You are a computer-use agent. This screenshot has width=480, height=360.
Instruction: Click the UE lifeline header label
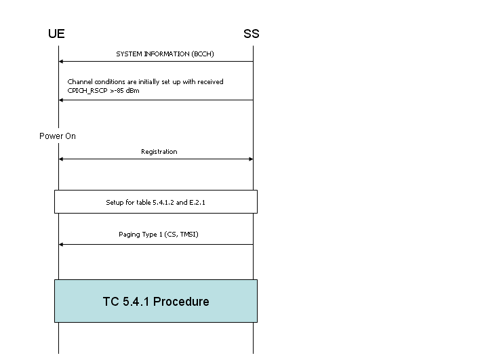(56, 34)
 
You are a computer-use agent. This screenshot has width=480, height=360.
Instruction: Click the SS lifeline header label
(252, 34)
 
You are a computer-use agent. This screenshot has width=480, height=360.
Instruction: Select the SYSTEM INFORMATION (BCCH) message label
(165, 54)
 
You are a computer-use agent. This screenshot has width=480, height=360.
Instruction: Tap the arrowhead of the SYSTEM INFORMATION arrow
(60, 62)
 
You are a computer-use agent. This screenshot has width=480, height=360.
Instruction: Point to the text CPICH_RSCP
(87, 91)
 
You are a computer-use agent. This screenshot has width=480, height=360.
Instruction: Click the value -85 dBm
(126, 91)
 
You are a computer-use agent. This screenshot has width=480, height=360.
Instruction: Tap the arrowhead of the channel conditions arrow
(60, 100)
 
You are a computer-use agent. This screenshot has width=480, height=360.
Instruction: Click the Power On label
(58, 136)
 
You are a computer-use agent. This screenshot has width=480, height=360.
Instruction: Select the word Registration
(159, 152)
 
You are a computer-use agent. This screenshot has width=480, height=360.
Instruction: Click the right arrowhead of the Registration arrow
(251, 159)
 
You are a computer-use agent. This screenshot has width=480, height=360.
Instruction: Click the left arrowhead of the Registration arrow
(60, 159)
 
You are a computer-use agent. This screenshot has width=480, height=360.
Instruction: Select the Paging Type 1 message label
(159, 234)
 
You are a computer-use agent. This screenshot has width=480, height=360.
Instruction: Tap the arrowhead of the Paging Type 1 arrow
(60, 245)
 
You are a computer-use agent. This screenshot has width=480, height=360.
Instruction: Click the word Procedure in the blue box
(181, 302)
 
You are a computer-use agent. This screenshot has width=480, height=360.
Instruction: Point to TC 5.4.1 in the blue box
(126, 302)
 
